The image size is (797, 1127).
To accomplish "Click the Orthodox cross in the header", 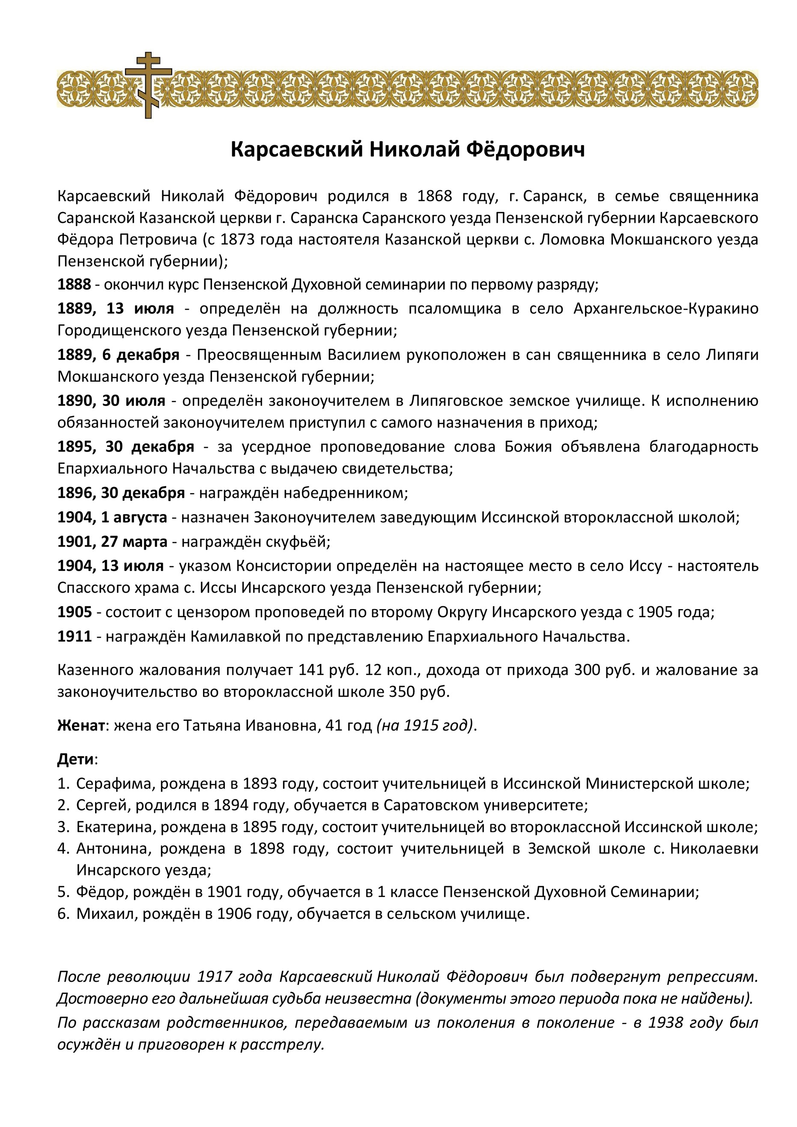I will click(148, 84).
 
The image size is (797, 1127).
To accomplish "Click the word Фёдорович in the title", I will click(525, 149).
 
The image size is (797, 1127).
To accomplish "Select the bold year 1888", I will click(74, 284).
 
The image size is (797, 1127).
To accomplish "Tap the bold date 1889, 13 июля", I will click(115, 309).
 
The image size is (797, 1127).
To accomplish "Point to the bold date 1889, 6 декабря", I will click(118, 355).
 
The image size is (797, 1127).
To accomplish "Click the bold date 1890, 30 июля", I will click(111, 401).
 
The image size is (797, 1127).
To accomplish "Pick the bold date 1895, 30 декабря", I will click(125, 447).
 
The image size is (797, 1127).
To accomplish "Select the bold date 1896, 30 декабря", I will click(121, 493).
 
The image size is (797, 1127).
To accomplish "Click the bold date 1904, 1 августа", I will click(112, 517).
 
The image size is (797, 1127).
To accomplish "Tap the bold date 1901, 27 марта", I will click(112, 542).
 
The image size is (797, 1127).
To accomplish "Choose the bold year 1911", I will click(74, 637).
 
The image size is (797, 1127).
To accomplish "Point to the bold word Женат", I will click(81, 726).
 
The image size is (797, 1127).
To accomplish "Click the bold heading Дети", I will click(75, 759).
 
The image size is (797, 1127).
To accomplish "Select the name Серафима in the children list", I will click(115, 783).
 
